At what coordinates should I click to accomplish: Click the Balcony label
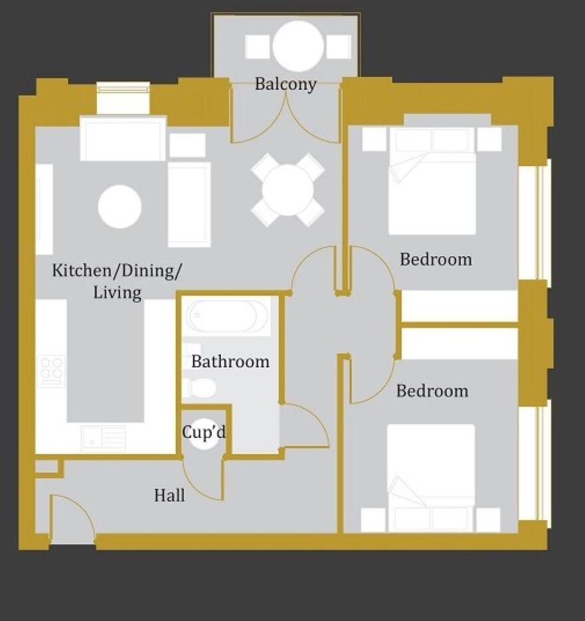click(286, 84)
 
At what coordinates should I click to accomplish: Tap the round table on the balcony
click(298, 46)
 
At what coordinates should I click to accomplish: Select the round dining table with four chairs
click(288, 190)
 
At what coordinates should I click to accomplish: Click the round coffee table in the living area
click(120, 206)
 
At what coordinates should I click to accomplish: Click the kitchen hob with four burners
click(51, 371)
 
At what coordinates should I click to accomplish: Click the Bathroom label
click(230, 362)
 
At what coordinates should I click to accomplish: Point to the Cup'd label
click(204, 432)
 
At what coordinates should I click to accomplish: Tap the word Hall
click(169, 495)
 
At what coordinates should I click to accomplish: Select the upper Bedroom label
click(436, 259)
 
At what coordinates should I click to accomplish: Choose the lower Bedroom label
click(432, 391)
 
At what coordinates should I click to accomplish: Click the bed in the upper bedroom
click(432, 182)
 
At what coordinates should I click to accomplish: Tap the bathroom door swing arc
click(303, 427)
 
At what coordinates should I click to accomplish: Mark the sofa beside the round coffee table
click(189, 204)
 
